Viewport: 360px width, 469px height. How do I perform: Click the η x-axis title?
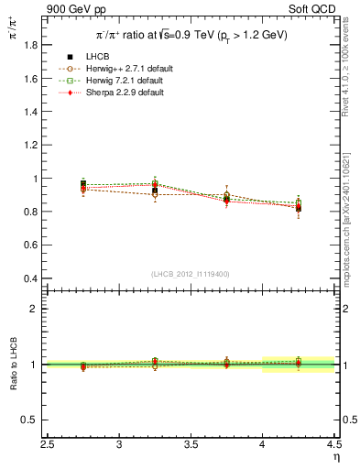pos(336,457)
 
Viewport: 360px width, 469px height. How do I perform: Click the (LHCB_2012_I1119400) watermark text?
pos(191,274)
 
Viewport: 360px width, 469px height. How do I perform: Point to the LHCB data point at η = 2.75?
pos(83,185)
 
